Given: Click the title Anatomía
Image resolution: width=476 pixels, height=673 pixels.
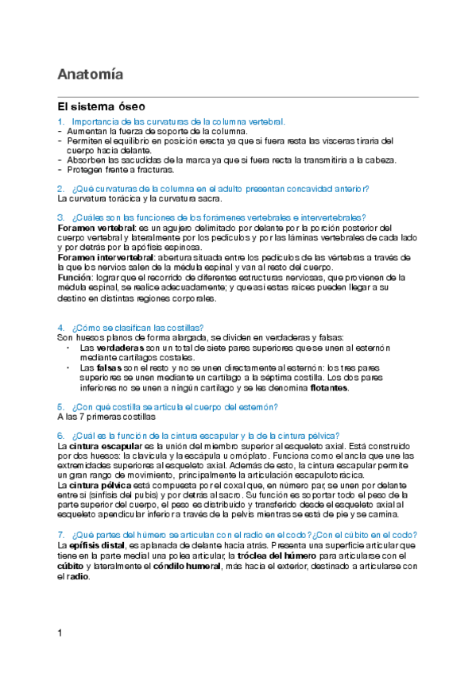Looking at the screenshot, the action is pyautogui.click(x=90, y=75).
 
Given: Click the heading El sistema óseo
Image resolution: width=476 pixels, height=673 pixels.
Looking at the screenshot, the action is pyautogui.click(x=100, y=106).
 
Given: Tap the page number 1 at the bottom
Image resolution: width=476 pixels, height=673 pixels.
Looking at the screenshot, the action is pyautogui.click(x=60, y=633).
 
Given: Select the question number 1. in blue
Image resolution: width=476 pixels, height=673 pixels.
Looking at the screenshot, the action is pyautogui.click(x=61, y=121).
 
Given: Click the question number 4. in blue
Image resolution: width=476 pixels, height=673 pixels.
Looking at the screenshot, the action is pyautogui.click(x=61, y=328).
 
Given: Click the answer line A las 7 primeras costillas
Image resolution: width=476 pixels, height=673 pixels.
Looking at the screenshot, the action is pyautogui.click(x=106, y=416).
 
